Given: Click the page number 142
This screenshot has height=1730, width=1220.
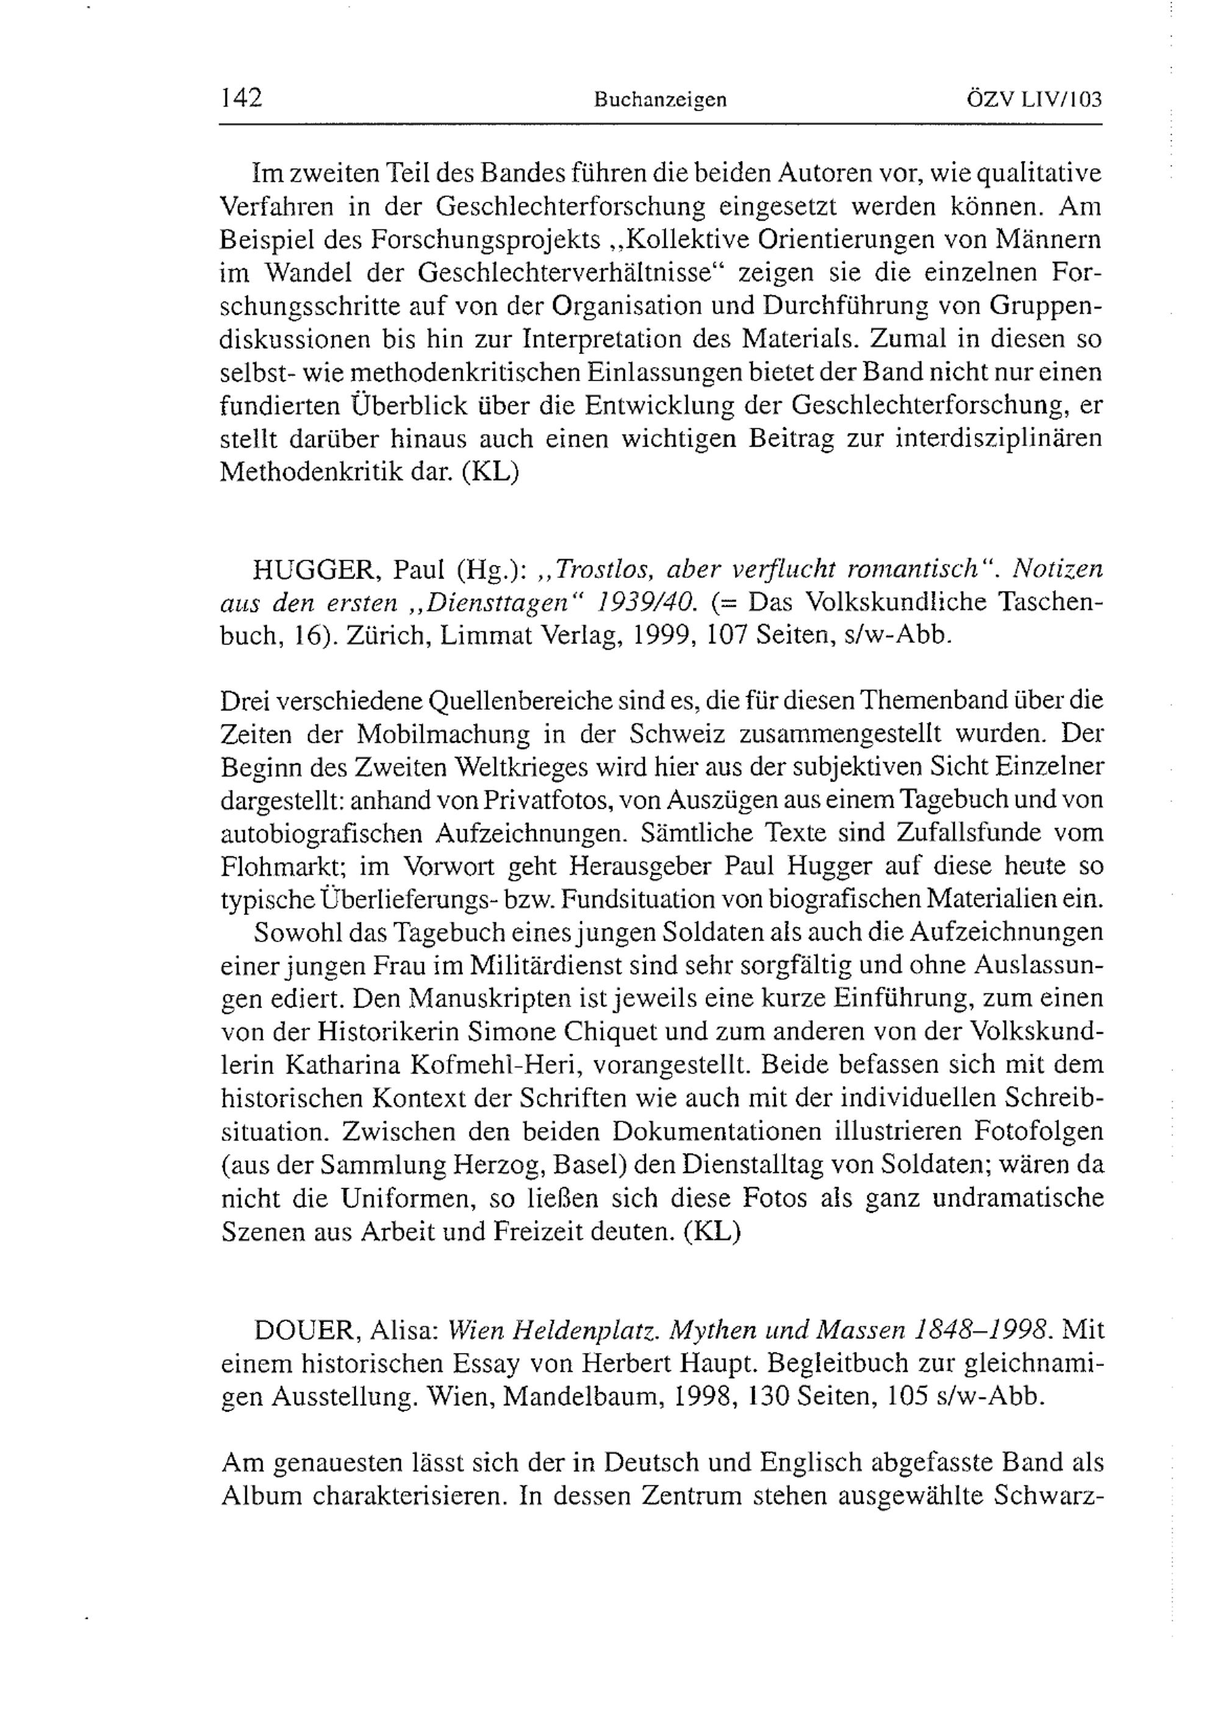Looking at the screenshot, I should click(x=241, y=98).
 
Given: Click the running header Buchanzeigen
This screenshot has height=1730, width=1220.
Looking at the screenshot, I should click(x=660, y=100).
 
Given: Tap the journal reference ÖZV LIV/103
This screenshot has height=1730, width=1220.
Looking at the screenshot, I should click(x=1034, y=99).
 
